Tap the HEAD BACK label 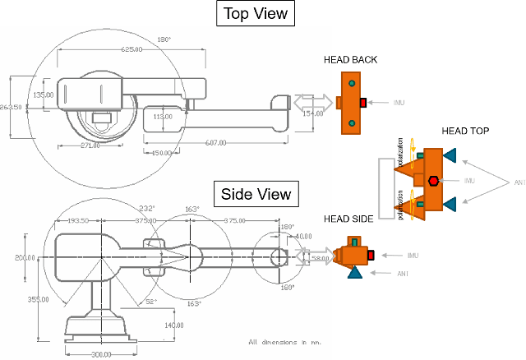click(x=353, y=60)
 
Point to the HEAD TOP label click(x=466, y=131)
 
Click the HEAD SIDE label click(x=348, y=219)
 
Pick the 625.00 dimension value click(x=132, y=49)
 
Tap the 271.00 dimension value click(x=90, y=145)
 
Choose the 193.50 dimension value click(x=78, y=220)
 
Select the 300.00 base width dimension click(x=99, y=354)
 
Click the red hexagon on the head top click(x=432, y=180)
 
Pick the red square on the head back click(x=362, y=103)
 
